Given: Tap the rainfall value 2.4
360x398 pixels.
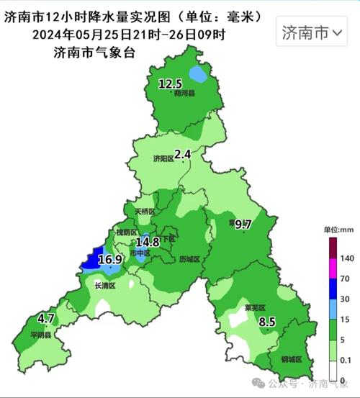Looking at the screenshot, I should click(183, 154).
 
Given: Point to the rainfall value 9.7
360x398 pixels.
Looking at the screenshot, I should click(243, 225).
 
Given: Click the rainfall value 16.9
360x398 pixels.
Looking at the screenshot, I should click(110, 260).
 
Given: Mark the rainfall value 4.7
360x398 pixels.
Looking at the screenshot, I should click(46, 318).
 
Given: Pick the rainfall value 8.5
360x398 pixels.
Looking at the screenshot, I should click(267, 322).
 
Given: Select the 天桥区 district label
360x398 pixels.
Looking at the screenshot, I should click(145, 212).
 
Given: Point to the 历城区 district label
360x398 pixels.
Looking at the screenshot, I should click(190, 258).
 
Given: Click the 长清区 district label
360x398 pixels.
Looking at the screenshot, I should click(105, 286).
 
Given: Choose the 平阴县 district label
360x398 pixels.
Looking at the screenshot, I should click(41, 335).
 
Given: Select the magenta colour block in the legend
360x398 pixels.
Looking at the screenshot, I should click(333, 268).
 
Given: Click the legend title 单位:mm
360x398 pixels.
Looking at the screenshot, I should click(337, 229).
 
